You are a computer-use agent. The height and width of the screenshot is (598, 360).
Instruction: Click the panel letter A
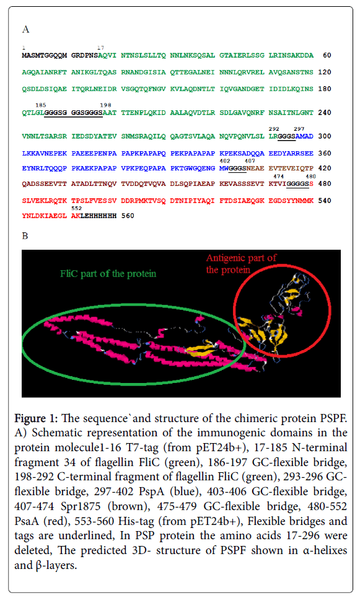(25, 29)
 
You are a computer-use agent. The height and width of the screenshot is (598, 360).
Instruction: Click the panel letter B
(25, 236)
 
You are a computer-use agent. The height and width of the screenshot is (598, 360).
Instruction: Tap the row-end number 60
(327, 55)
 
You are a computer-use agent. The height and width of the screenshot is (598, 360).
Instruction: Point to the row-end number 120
(325, 72)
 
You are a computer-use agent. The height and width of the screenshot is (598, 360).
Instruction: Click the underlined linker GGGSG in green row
(56, 113)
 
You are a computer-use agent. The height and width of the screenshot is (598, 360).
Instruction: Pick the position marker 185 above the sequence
(41, 105)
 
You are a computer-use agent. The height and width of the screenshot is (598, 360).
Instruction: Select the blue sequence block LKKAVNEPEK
(44, 153)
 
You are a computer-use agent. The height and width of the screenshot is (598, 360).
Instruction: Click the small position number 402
(225, 161)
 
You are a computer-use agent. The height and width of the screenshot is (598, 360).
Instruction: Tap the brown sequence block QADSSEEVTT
(44, 184)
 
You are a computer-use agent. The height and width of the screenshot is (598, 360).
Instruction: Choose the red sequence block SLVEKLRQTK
(44, 201)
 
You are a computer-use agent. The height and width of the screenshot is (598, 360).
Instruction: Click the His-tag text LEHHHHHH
(99, 216)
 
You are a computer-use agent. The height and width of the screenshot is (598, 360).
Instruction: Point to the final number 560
(128, 216)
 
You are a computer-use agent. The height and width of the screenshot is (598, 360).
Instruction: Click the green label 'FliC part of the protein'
(108, 274)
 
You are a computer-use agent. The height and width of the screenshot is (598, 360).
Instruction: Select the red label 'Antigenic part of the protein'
(241, 264)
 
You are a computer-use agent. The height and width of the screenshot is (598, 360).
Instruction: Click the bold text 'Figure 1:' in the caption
(36, 418)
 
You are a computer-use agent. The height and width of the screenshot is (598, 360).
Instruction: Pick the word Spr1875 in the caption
(81, 506)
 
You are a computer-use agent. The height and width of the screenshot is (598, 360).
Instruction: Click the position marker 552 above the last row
(77, 208)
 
